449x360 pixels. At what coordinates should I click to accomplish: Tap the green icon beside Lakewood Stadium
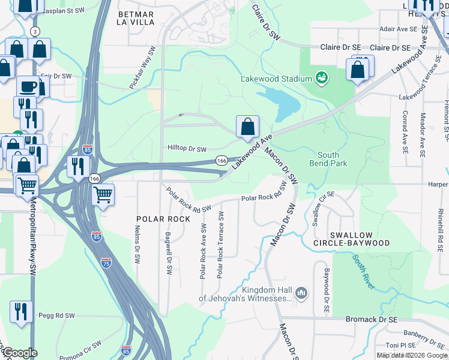point(322,78)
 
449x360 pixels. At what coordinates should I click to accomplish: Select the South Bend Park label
point(328,159)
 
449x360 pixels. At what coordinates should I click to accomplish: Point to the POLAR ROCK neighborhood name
point(163,219)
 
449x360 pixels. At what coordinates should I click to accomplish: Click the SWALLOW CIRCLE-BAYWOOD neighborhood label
point(351,239)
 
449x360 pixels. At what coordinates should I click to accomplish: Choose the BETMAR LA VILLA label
point(136,17)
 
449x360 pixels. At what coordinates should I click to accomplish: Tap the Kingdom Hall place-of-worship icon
point(301,293)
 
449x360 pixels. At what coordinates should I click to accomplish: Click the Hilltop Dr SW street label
point(187,149)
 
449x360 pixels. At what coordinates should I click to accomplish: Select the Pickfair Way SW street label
point(142,68)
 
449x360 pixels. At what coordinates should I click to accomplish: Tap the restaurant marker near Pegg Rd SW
point(21,311)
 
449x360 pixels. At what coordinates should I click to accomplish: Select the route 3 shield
point(35,31)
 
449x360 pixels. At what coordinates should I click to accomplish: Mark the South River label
point(364,272)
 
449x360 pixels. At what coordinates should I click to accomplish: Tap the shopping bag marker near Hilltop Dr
point(247,127)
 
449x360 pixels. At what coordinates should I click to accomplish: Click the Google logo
point(19,353)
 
